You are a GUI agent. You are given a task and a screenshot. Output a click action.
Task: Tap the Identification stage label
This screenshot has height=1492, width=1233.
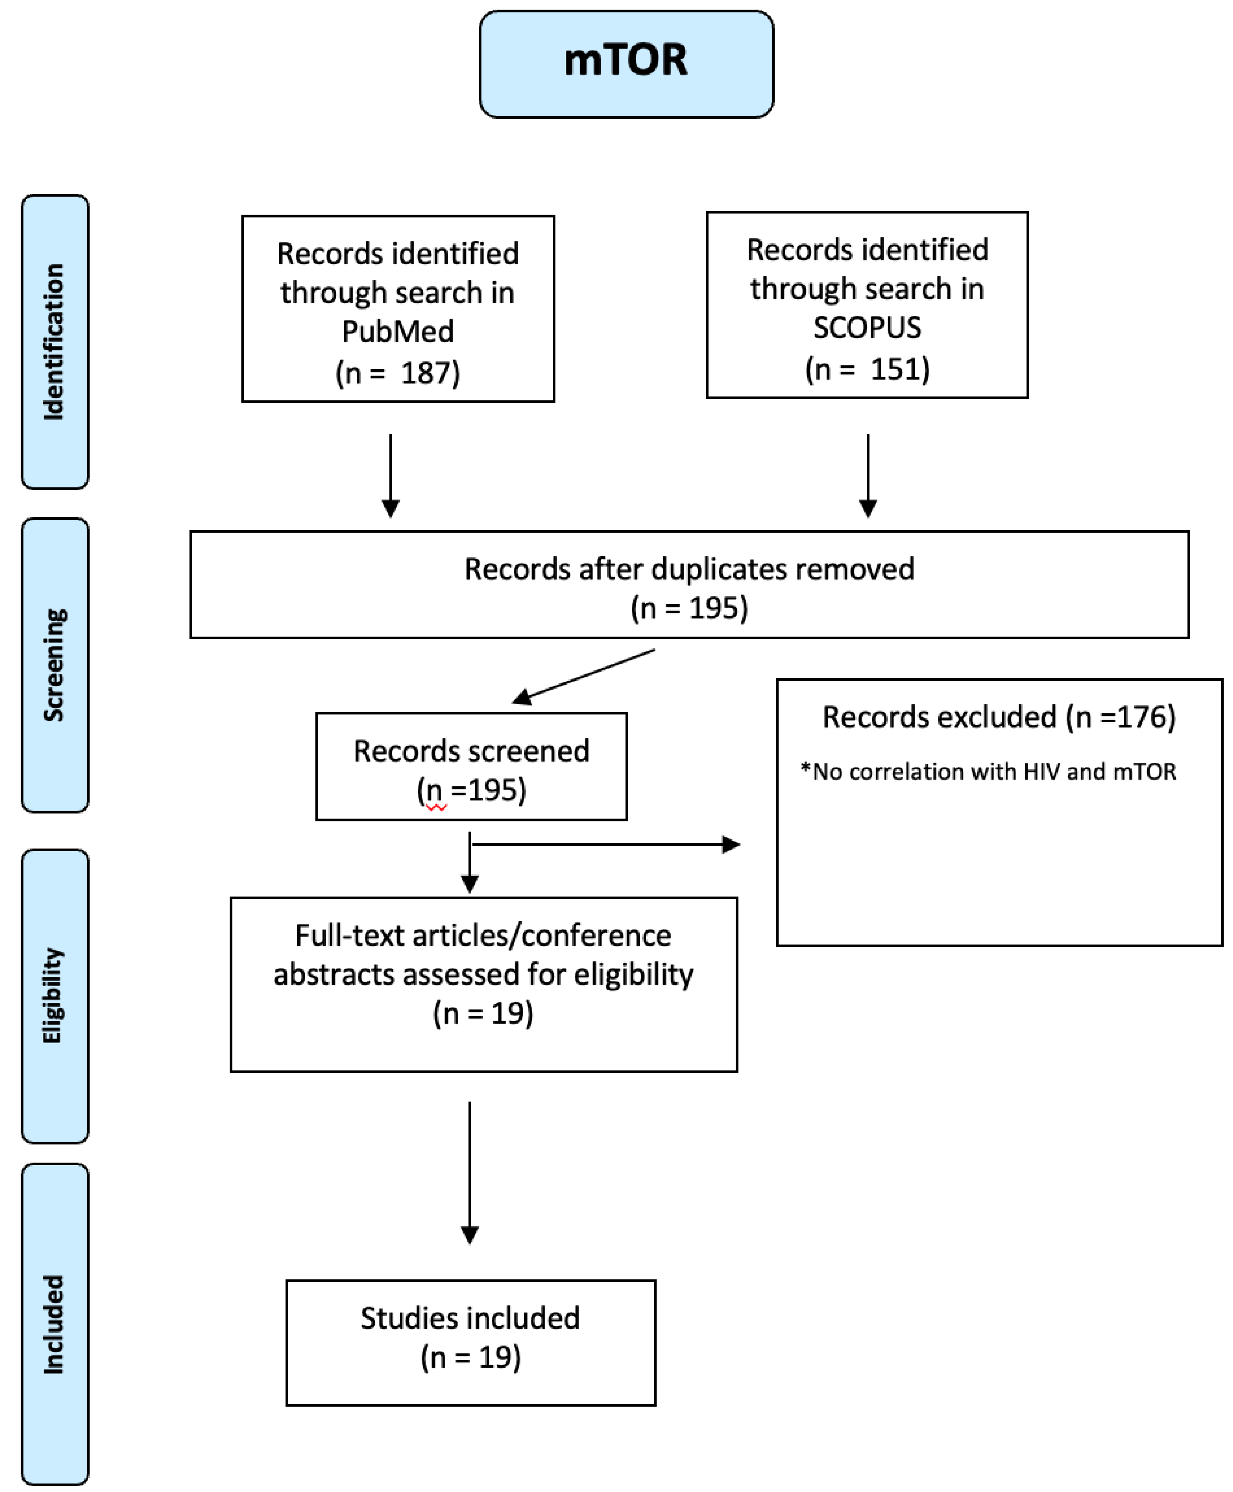point(55,342)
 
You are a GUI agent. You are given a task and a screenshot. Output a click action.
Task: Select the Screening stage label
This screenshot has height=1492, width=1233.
point(55,665)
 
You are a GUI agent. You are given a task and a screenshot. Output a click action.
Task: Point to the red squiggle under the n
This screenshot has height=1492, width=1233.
point(436,808)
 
